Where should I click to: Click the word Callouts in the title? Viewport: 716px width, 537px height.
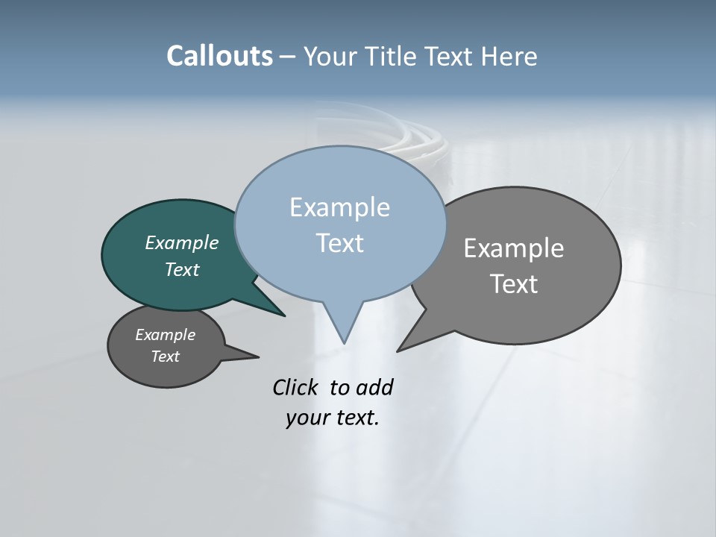(219, 57)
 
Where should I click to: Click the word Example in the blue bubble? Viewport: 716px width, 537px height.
(339, 207)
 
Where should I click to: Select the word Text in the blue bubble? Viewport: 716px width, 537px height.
(339, 243)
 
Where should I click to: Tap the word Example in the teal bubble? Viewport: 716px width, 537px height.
(182, 243)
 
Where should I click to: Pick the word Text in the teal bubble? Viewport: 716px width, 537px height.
(182, 269)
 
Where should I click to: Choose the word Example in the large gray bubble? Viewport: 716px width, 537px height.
(514, 248)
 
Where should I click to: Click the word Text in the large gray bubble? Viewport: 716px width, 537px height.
(514, 284)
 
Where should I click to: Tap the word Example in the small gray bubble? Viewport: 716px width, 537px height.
(165, 335)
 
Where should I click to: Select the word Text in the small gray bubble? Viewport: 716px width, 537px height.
(165, 357)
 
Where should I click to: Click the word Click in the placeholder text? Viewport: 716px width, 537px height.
(297, 388)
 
